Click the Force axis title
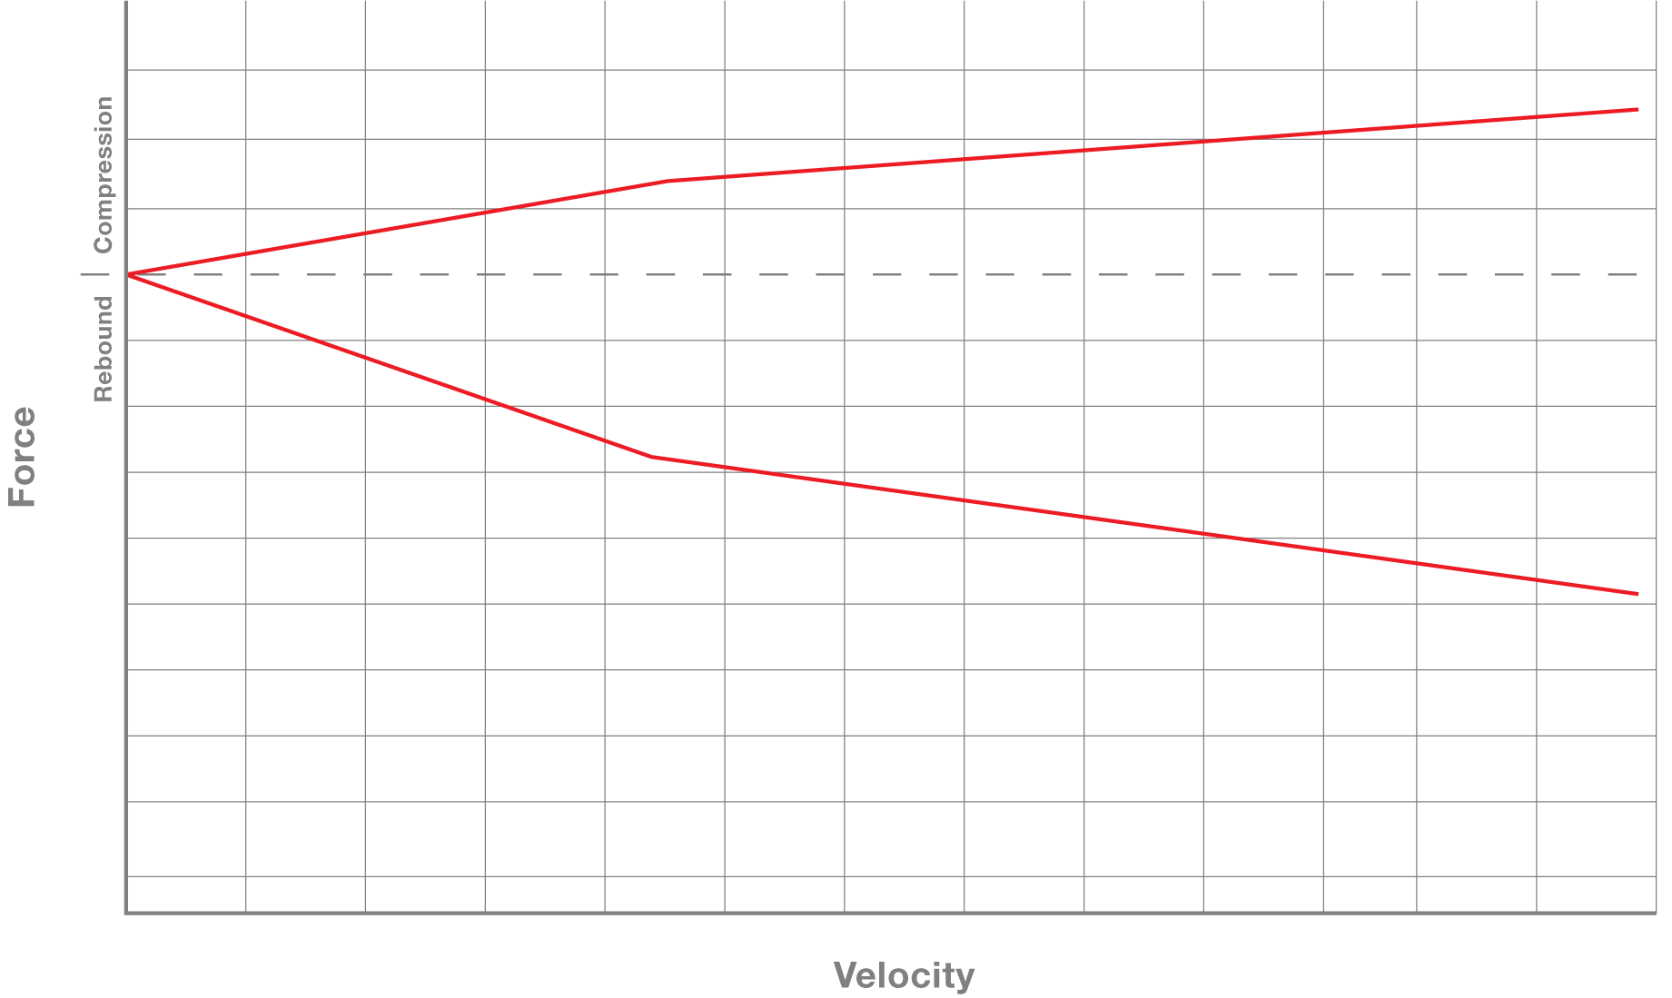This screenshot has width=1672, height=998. point(22,457)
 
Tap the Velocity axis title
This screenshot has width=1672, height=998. point(904,975)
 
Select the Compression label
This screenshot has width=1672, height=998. point(104,174)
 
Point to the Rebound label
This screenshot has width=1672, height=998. point(104,349)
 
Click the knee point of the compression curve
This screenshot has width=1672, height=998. point(668,181)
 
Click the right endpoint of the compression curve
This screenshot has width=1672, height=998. point(1637,109)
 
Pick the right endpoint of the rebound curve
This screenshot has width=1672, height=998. point(1637,594)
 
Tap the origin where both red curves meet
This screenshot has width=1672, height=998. point(128,274)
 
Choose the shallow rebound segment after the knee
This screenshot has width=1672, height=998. point(1144,526)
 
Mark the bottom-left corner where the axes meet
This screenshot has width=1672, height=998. point(126,912)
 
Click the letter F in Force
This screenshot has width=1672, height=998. point(22,496)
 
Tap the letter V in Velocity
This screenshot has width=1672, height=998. point(845,975)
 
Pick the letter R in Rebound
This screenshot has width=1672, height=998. point(104,392)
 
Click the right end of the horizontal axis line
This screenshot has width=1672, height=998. point(1655,912)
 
